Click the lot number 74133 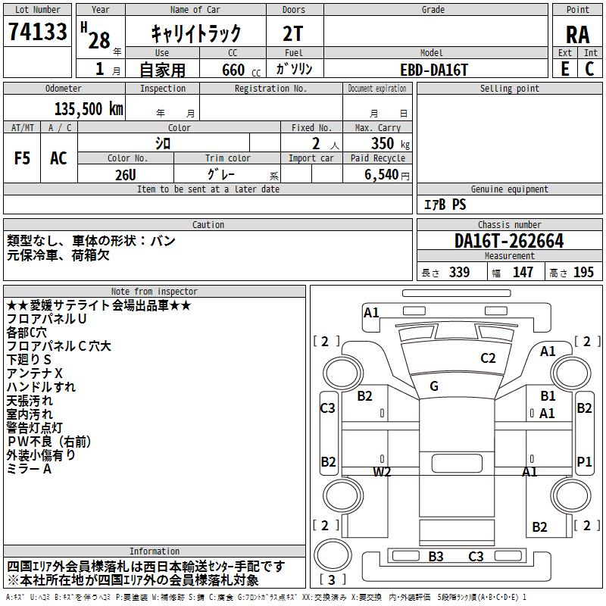coord(37,31)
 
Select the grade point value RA coord(577,35)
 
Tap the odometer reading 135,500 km coord(89,108)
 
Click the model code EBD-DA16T coord(434,70)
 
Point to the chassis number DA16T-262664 coord(509,241)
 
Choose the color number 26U coord(126,175)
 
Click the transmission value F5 coord(22,158)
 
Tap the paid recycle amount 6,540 coord(382,174)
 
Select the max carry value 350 coord(383,143)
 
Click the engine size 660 coord(233,70)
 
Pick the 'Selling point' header coord(509,89)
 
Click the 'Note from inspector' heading coord(155,291)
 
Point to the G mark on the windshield coord(434,386)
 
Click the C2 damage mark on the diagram coord(488,358)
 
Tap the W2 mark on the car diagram coord(382,471)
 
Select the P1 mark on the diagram coord(584,461)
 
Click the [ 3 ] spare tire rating coord(332,579)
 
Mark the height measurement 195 coord(583,272)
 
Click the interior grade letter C coord(589,69)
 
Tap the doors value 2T coord(293,33)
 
